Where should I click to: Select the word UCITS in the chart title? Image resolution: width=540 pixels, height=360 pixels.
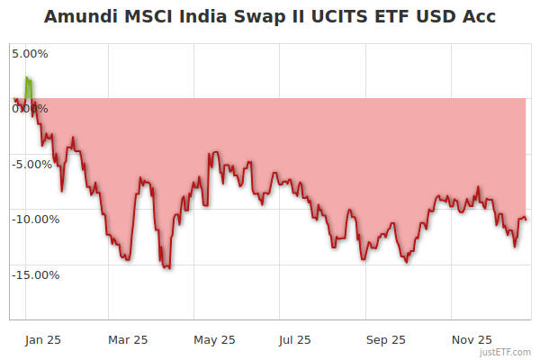[338, 17]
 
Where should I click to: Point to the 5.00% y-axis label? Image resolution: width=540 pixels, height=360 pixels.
[30, 54]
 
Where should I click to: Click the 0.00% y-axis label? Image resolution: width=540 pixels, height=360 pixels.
[30, 109]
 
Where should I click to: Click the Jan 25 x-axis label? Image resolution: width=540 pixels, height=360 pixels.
[41, 340]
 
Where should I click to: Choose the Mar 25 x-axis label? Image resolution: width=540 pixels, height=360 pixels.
[127, 340]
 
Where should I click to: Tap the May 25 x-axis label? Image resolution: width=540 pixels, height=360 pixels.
[214, 340]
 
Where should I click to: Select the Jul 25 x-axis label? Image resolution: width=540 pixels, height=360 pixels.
[294, 340]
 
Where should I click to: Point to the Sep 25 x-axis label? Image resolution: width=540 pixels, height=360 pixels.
[385, 340]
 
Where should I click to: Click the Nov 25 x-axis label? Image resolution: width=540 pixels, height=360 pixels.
[472, 340]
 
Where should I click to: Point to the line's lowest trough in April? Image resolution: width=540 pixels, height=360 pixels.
[166, 267]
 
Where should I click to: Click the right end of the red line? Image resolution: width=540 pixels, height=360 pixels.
[526, 219]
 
